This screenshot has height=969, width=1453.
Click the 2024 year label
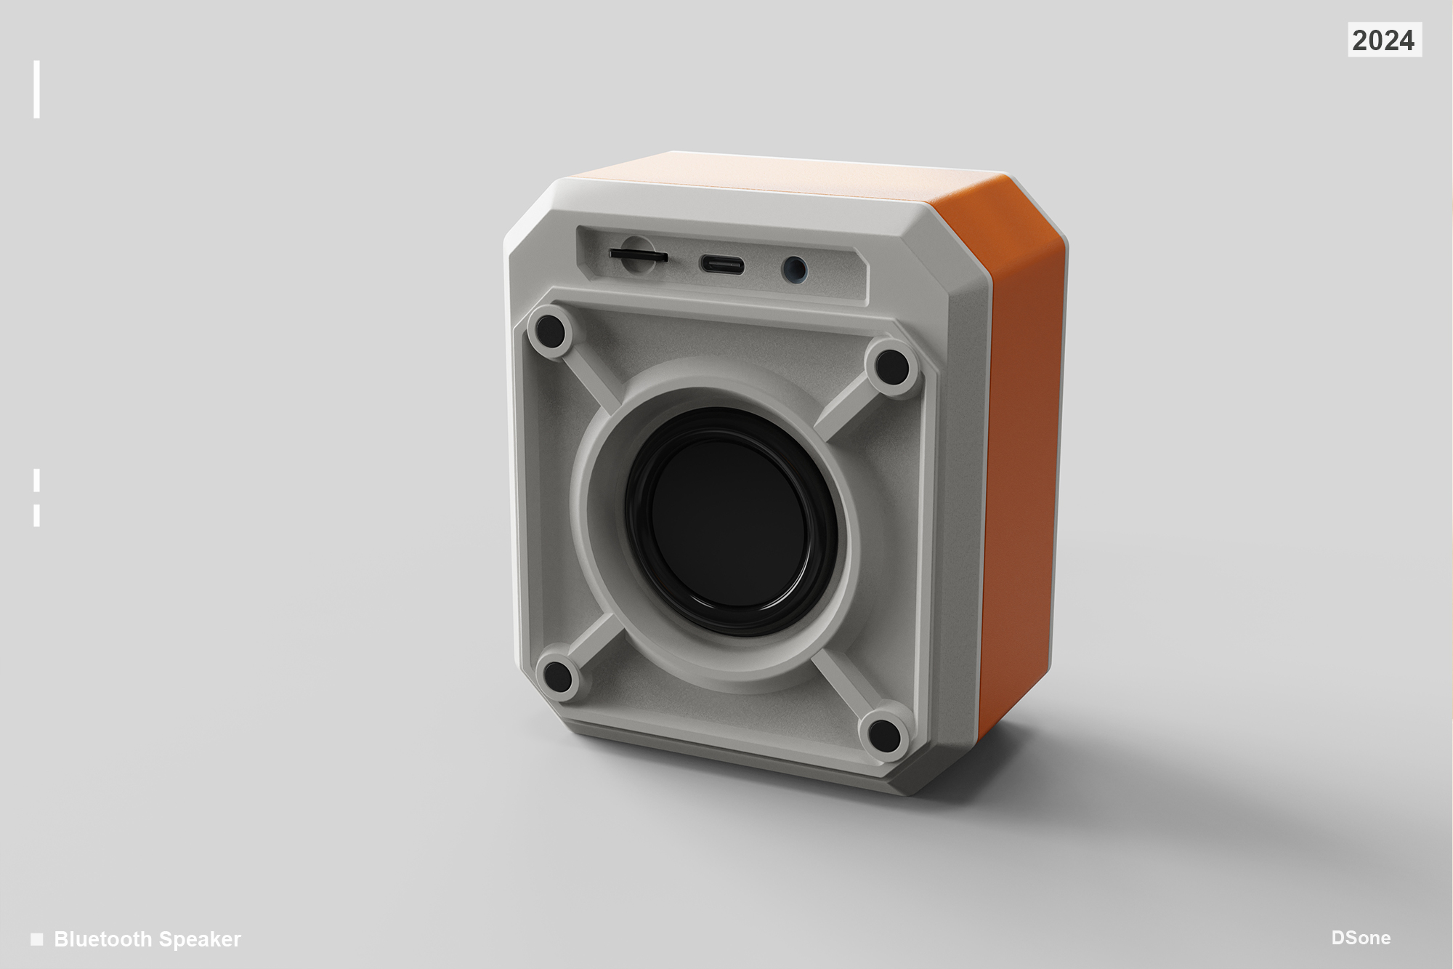pos(1384,40)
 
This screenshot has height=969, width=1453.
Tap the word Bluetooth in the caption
pos(103,939)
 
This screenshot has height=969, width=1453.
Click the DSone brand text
pos(1361,938)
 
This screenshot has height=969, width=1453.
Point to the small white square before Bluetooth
pos(37,938)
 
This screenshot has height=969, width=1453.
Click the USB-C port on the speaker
pos(721,265)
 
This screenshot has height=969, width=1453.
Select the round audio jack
pos(795,270)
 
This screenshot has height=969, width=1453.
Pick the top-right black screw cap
pos(892,367)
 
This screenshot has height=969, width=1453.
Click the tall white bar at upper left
pos(36,89)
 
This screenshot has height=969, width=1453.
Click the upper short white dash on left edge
pos(36,481)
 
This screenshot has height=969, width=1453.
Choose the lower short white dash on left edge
pos(36,515)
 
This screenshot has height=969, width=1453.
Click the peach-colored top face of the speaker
pos(785,174)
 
